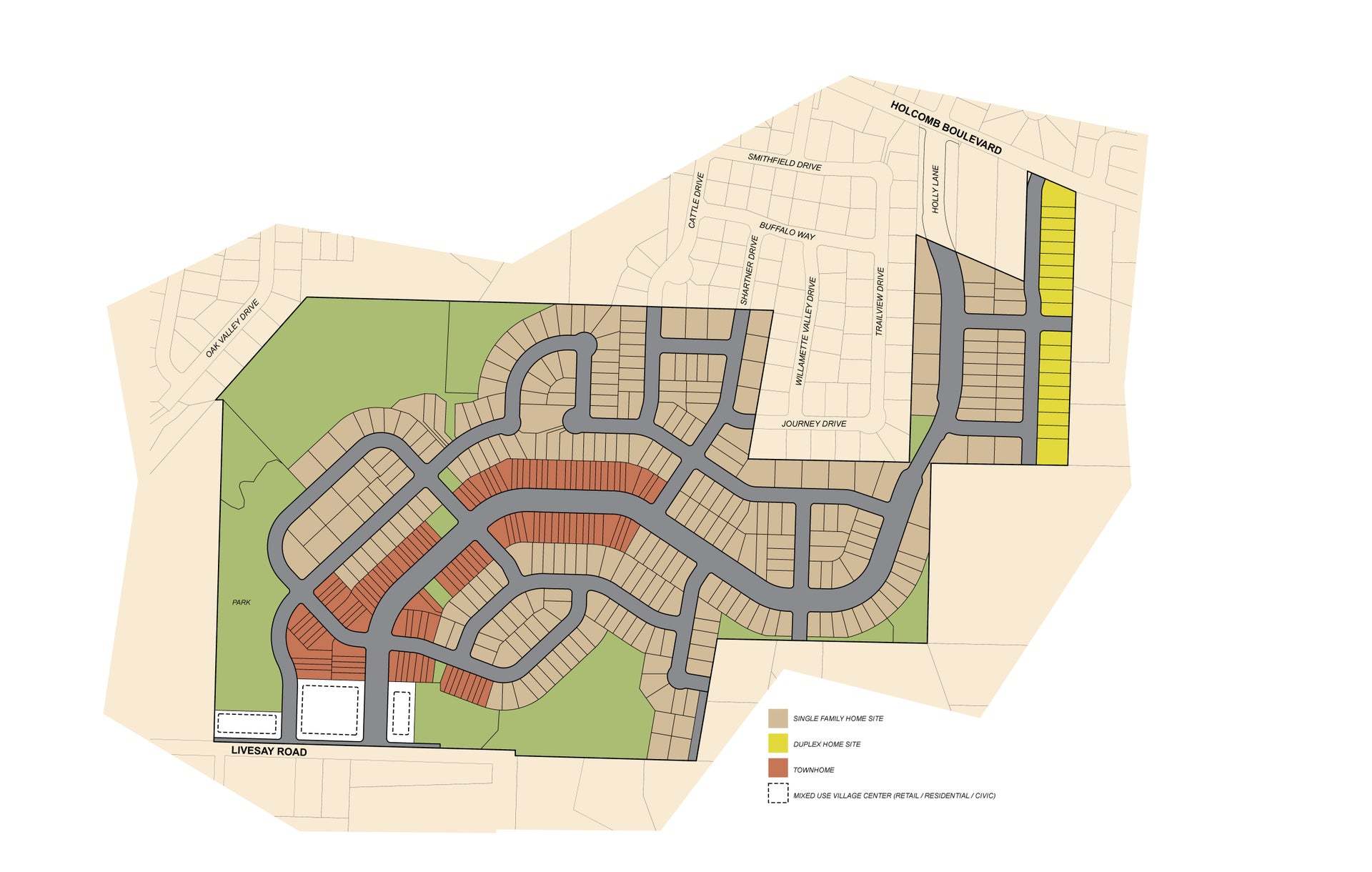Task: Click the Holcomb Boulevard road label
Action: pyautogui.click(x=946, y=128)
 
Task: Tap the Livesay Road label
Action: pyautogui.click(x=269, y=751)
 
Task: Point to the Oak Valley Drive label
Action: pyautogui.click(x=232, y=328)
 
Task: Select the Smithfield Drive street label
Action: pyautogui.click(x=784, y=161)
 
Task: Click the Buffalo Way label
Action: pyautogui.click(x=787, y=230)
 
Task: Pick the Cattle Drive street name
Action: pyautogui.click(x=696, y=200)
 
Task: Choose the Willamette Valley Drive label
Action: pyautogui.click(x=805, y=331)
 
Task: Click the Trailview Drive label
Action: pyautogui.click(x=880, y=301)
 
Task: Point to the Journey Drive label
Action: pyautogui.click(x=813, y=424)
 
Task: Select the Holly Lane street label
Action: pyautogui.click(x=935, y=189)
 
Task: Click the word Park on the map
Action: pyautogui.click(x=242, y=603)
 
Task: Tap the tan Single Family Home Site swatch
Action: pyautogui.click(x=777, y=718)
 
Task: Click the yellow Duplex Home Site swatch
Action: pyautogui.click(x=777, y=744)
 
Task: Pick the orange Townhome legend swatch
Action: pyautogui.click(x=777, y=769)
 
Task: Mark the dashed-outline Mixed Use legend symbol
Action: pyautogui.click(x=777, y=795)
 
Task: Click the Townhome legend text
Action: pyautogui.click(x=813, y=770)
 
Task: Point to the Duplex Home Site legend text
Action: pyautogui.click(x=827, y=744)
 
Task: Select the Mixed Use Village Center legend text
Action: pyautogui.click(x=894, y=796)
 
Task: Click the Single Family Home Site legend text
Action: pyautogui.click(x=837, y=718)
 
